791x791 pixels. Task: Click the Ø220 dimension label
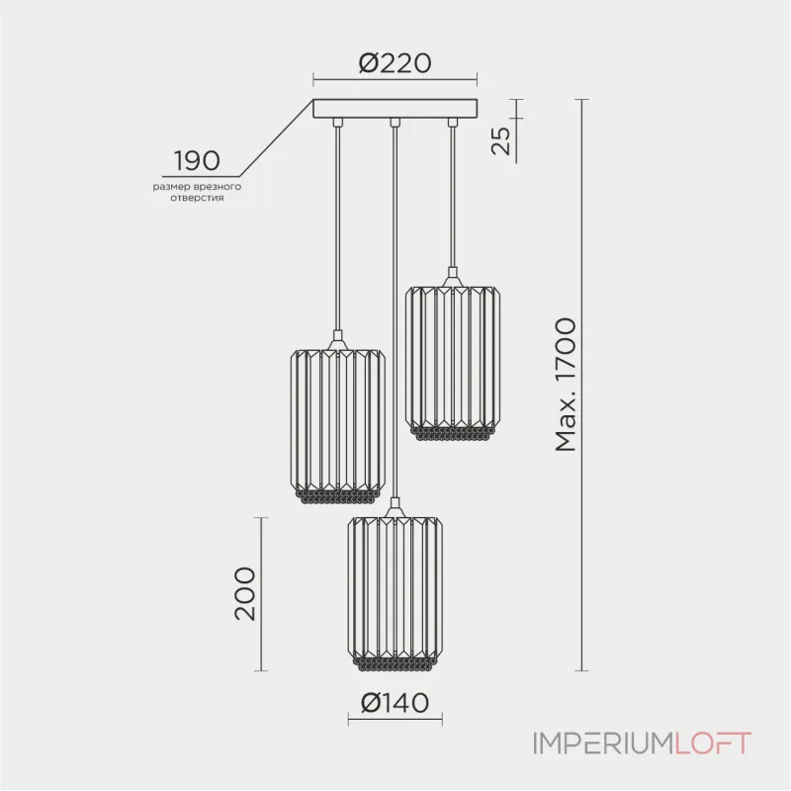pyautogui.click(x=395, y=63)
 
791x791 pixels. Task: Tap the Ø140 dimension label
pyautogui.click(x=395, y=702)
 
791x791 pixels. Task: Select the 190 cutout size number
pyautogui.click(x=197, y=161)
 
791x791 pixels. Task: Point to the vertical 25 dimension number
pyautogui.click(x=501, y=140)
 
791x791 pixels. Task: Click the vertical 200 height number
pyautogui.click(x=245, y=593)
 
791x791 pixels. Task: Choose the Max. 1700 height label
pyautogui.click(x=565, y=385)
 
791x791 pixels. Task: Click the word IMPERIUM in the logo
pyautogui.click(x=604, y=744)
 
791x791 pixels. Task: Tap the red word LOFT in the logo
pyautogui.click(x=713, y=744)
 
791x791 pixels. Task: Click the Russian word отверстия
pyautogui.click(x=197, y=198)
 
